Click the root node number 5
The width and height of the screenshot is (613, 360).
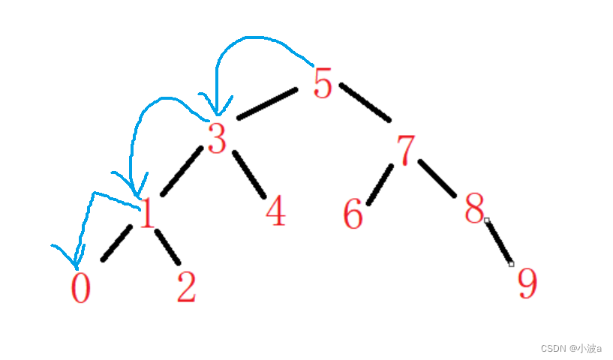[x=322, y=82]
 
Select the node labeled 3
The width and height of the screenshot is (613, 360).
[x=217, y=139]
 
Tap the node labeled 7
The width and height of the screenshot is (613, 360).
[x=406, y=149]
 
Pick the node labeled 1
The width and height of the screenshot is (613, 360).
[x=147, y=214]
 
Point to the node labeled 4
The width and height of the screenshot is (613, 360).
[x=275, y=211]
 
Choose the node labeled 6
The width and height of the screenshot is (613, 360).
[x=353, y=214]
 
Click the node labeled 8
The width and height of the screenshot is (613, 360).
[x=474, y=209]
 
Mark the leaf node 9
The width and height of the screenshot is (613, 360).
[x=527, y=283]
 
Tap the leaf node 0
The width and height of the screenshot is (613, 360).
[x=80, y=288]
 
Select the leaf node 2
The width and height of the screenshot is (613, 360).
[x=186, y=288]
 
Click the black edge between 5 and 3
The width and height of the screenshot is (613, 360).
[x=267, y=104]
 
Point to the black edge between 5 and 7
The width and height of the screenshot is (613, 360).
[x=365, y=102]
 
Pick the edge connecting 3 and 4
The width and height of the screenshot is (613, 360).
[x=249, y=174]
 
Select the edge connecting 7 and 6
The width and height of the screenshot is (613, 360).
[x=380, y=184]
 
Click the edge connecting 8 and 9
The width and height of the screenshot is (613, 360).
[x=499, y=241]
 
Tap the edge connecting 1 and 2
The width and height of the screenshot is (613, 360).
[x=168, y=247]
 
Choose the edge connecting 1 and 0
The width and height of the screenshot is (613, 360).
[x=116, y=244]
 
